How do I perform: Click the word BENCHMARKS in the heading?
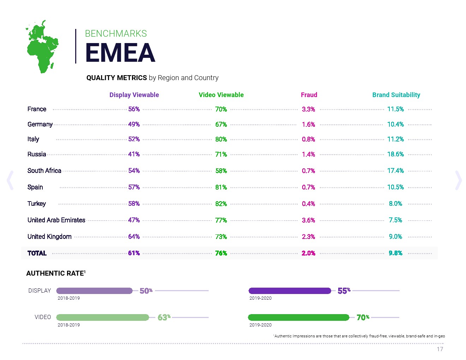click(x=116, y=34)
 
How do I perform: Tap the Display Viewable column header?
click(x=134, y=95)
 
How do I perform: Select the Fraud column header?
click(x=309, y=95)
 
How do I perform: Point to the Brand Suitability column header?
click(x=396, y=95)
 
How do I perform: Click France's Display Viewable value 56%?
click(x=134, y=109)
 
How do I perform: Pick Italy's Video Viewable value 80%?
click(x=221, y=139)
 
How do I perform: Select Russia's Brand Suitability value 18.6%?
click(x=395, y=154)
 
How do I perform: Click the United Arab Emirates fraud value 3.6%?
click(x=308, y=220)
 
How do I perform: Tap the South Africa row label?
click(x=44, y=171)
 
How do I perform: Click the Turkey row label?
click(x=37, y=204)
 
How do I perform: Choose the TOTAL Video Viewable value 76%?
click(x=221, y=253)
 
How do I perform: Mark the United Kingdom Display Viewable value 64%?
click(x=134, y=236)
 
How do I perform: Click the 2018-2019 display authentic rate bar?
click(x=94, y=291)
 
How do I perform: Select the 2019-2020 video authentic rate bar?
click(x=299, y=317)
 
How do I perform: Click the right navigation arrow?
click(x=458, y=180)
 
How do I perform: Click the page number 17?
click(x=440, y=349)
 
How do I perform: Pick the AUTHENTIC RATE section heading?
click(x=56, y=273)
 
